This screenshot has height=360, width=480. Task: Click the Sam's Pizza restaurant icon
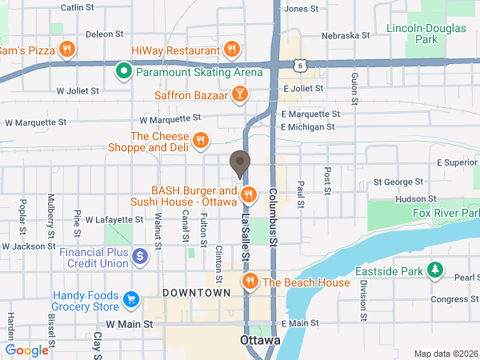click(67, 50)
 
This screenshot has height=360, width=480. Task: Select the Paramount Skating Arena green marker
click(123, 72)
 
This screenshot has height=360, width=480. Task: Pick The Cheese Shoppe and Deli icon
click(201, 141)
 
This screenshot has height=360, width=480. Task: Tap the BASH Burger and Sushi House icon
click(249, 194)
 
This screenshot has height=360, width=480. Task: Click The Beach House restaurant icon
click(250, 282)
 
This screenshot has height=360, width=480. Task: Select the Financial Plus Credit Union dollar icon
click(141, 257)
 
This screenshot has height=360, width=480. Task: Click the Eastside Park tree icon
click(435, 271)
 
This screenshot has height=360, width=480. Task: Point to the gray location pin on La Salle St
click(239, 163)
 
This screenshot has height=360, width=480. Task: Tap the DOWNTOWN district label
click(191, 294)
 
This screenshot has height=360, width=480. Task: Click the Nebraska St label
click(345, 35)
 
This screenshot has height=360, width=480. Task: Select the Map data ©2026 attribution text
click(445, 354)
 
